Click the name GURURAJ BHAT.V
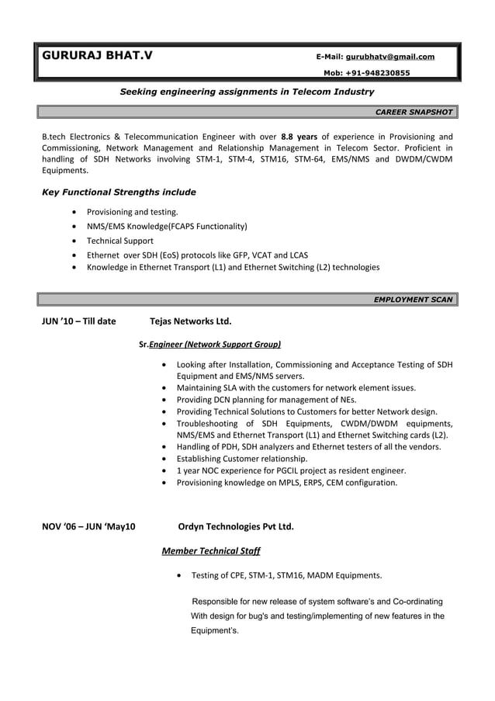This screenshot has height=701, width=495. tap(97, 56)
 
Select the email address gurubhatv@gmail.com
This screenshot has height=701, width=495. tap(389, 57)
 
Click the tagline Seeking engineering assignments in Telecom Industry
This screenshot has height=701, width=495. tap(247, 92)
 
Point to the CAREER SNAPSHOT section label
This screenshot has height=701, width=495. tap(414, 112)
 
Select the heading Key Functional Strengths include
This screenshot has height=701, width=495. tap(119, 192)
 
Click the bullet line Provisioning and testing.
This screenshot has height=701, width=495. tap(132, 212)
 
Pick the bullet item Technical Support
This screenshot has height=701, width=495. tap(119, 241)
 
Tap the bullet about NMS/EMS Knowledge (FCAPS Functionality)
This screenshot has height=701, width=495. tap(167, 227)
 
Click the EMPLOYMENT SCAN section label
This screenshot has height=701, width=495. tap(413, 299)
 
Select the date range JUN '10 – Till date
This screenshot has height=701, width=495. tap(78, 321)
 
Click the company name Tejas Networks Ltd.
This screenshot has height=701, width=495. tap(190, 321)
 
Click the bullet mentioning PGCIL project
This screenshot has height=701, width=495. tap(291, 470)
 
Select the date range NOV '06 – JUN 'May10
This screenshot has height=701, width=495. tap(88, 526)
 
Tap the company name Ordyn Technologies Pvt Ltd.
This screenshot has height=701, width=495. tap(236, 526)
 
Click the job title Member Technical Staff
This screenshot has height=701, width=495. tap(210, 551)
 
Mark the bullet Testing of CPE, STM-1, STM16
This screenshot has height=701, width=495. tap(286, 576)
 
